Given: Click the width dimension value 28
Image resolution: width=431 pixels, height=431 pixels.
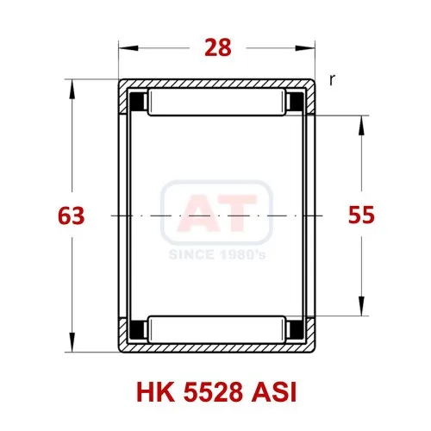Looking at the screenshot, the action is (x=218, y=47).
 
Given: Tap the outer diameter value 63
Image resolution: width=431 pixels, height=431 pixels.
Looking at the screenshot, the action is (x=72, y=215).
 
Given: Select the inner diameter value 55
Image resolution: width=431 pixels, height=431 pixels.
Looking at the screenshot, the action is (x=361, y=215).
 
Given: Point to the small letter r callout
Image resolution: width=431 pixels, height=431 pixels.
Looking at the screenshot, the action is (x=332, y=80).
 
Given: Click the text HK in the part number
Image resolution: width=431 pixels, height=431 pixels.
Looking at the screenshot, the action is (x=155, y=392).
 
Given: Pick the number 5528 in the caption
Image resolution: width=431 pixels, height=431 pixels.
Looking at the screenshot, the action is (x=212, y=392).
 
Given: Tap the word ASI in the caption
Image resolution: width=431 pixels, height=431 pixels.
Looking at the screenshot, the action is (x=273, y=392).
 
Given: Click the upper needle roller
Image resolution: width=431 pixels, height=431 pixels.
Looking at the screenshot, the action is (x=217, y=103).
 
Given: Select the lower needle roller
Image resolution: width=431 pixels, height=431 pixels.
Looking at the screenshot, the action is (x=217, y=329).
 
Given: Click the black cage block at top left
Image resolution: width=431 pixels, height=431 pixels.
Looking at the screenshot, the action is (x=138, y=102).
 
